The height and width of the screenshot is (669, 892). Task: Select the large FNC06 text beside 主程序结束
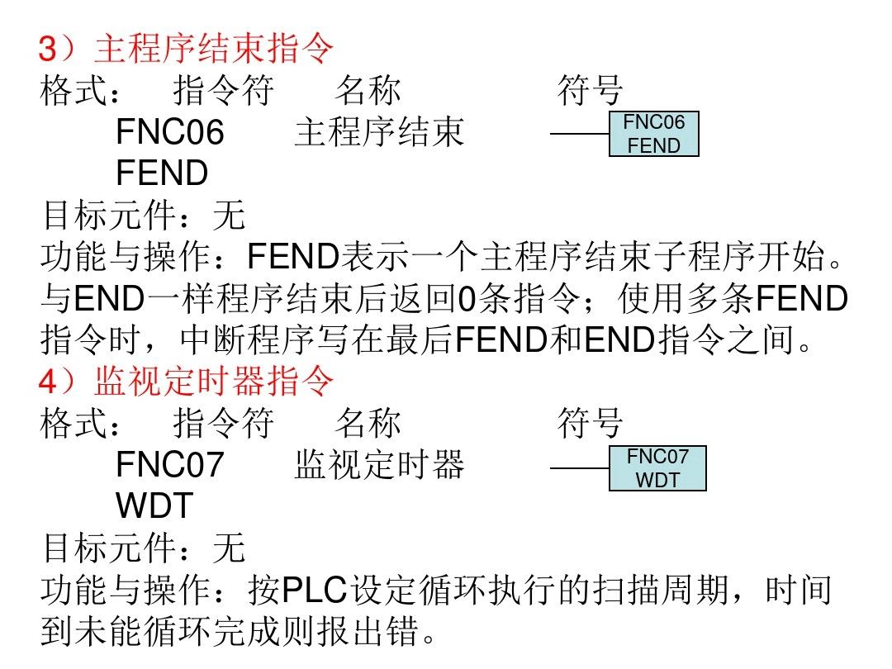(x=170, y=132)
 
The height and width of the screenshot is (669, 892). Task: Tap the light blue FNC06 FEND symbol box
(x=654, y=134)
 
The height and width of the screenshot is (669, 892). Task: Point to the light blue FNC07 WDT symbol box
(x=657, y=467)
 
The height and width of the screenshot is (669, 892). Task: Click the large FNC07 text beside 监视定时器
(x=170, y=465)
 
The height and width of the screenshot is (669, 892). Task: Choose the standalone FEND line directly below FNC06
(x=162, y=173)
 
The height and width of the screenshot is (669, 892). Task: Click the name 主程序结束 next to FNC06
(x=379, y=132)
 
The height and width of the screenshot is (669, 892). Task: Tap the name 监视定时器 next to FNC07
(x=379, y=465)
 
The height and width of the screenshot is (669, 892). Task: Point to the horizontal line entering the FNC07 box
(x=579, y=468)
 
